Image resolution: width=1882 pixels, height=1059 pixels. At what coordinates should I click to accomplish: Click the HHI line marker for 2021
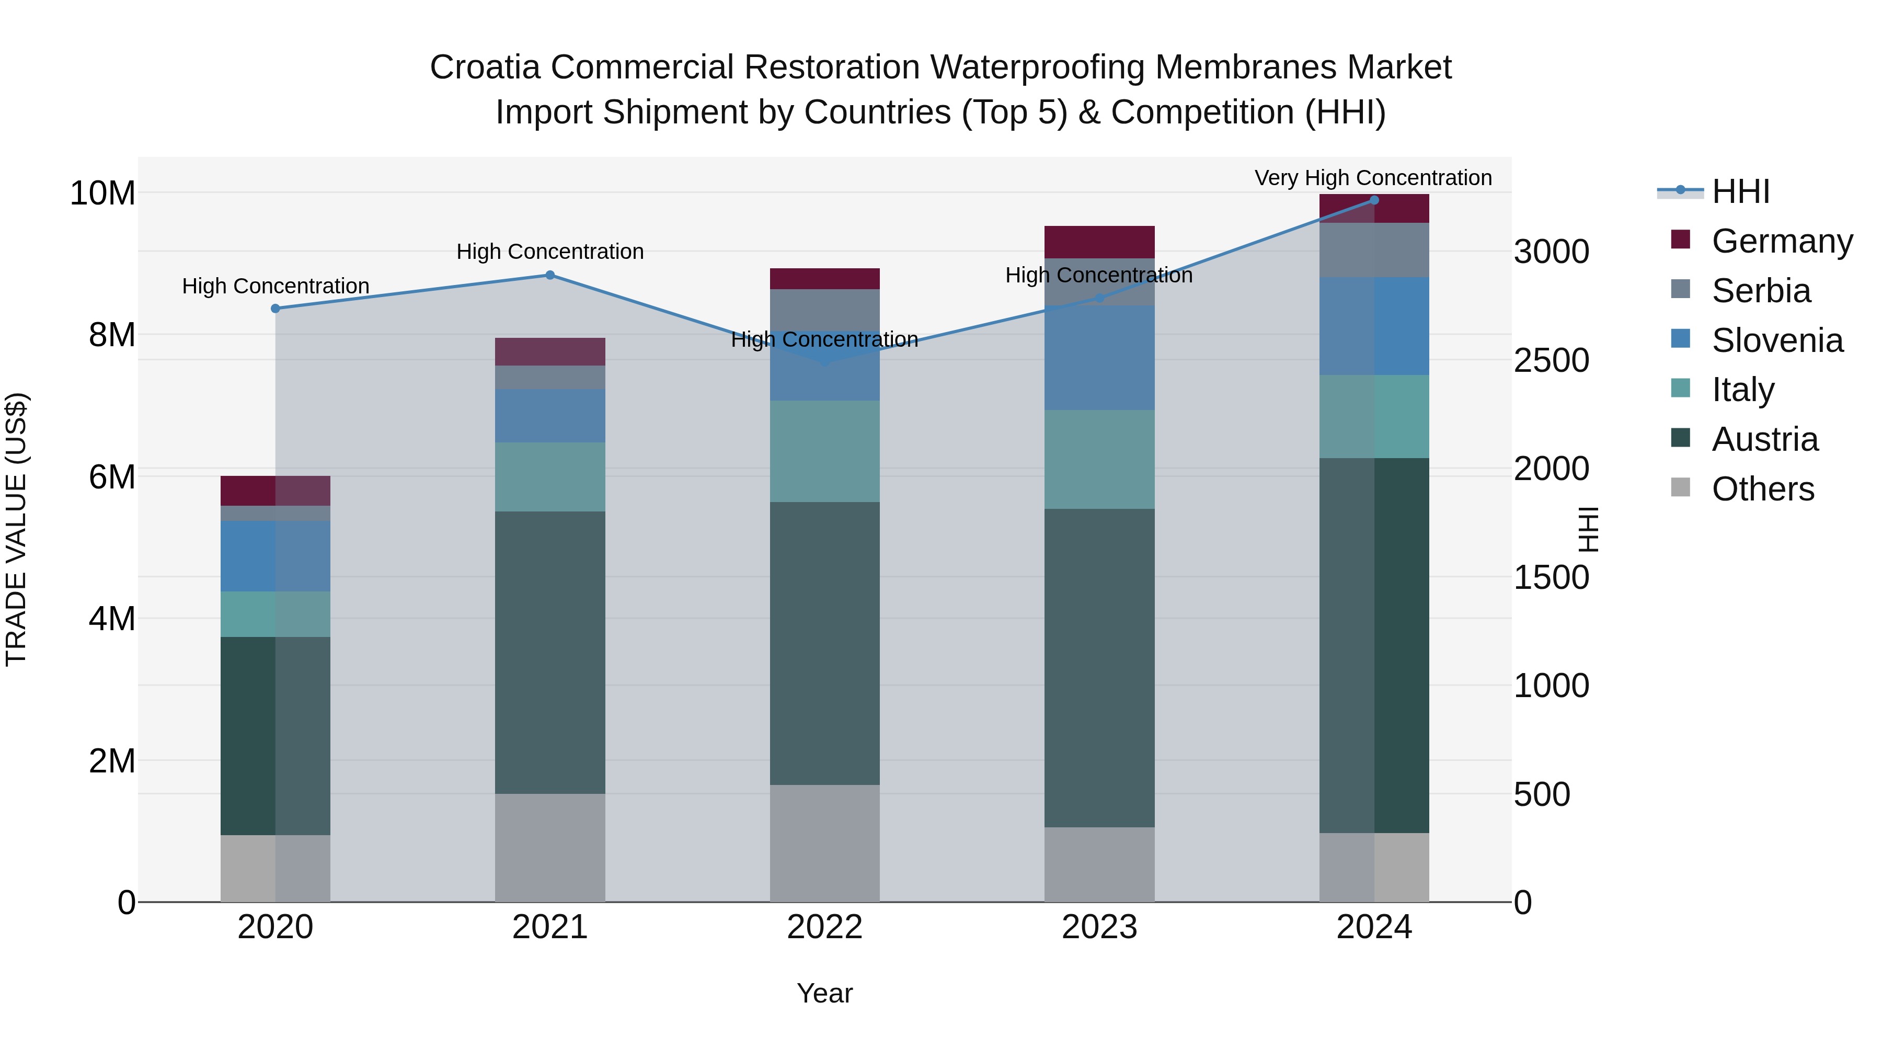pyautogui.click(x=550, y=276)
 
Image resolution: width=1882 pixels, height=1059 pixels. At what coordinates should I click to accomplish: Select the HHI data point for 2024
pyautogui.click(x=1373, y=200)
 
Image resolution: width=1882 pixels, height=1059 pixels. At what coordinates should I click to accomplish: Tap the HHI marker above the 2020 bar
pyautogui.click(x=276, y=309)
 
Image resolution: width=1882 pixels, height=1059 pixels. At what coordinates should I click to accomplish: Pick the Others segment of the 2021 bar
pyautogui.click(x=550, y=848)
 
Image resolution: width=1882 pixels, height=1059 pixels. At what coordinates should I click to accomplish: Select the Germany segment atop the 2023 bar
pyautogui.click(x=1099, y=242)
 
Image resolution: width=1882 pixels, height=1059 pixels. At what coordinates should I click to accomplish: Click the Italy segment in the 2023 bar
pyautogui.click(x=1099, y=459)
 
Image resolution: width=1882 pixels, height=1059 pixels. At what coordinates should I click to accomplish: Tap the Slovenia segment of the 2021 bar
pyautogui.click(x=550, y=415)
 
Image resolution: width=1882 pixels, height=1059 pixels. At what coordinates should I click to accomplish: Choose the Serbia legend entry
pyautogui.click(x=1761, y=291)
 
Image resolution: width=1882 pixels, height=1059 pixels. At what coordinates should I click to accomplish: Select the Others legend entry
pyautogui.click(x=1762, y=489)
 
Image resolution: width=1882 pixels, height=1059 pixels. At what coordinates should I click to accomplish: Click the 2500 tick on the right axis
pyautogui.click(x=1551, y=360)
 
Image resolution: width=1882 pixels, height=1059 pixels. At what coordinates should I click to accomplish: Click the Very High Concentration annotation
pyautogui.click(x=1373, y=178)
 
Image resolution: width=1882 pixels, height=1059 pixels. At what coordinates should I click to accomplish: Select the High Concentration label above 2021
pyautogui.click(x=550, y=252)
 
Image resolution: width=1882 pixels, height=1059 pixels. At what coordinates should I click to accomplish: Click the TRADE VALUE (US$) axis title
pyautogui.click(x=16, y=529)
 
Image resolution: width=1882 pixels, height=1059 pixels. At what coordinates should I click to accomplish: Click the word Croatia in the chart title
pyautogui.click(x=485, y=67)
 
